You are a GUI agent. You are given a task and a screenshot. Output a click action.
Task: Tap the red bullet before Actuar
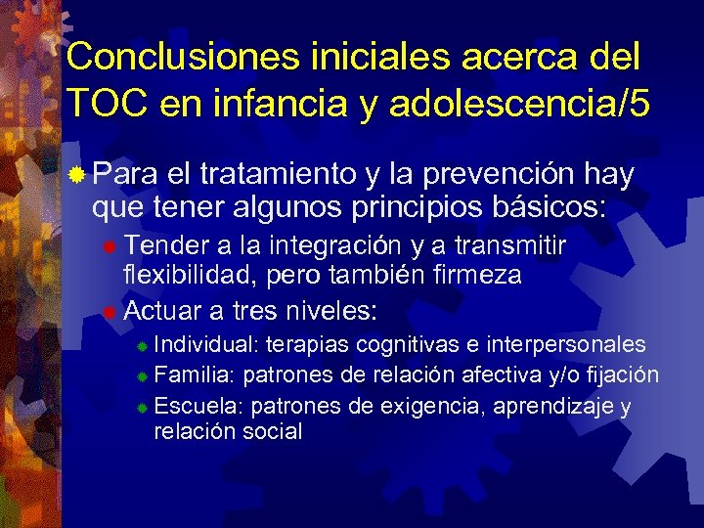(x=110, y=312)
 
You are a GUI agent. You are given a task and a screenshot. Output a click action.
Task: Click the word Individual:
(x=206, y=344)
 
